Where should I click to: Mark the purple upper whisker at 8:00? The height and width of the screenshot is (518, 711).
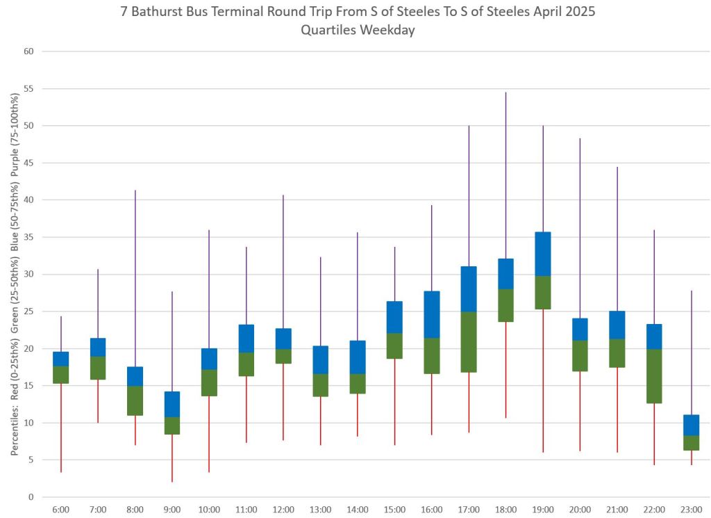135,278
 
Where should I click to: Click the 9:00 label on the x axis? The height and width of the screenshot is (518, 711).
172,510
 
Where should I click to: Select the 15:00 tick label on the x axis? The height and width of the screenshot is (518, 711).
394,510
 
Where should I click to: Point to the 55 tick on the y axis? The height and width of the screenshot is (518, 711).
28,89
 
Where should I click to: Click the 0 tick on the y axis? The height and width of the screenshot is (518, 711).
31,497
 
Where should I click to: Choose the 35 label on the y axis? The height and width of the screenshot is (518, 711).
28,237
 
